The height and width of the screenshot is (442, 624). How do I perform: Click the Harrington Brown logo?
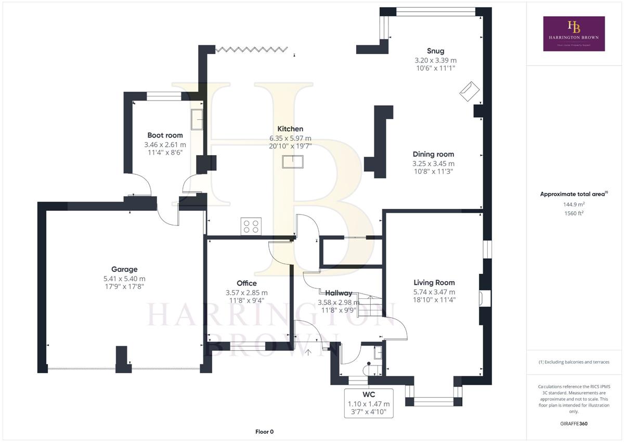574,33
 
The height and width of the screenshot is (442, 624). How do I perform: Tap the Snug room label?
436,51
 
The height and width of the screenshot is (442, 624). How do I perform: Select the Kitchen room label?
290,129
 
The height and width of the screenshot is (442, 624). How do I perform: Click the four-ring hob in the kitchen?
251,226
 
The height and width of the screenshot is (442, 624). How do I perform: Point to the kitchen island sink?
293,162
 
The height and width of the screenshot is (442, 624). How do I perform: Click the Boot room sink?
197,119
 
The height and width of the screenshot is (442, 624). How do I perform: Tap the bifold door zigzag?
252,49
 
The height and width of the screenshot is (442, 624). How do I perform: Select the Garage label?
124,269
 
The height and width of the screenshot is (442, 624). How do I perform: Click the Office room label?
247,283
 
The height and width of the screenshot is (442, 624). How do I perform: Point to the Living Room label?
434,283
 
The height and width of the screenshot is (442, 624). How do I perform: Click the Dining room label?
434,154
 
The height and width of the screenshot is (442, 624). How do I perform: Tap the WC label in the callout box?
369,395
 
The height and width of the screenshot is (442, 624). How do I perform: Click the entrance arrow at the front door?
308,352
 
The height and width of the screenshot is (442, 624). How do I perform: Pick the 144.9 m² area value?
574,205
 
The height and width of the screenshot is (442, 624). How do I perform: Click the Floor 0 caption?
264,432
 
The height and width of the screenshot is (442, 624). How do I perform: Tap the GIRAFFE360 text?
574,424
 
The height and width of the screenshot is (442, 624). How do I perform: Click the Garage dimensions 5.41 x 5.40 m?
124,279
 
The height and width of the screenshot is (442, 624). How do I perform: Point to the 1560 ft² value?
574,213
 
